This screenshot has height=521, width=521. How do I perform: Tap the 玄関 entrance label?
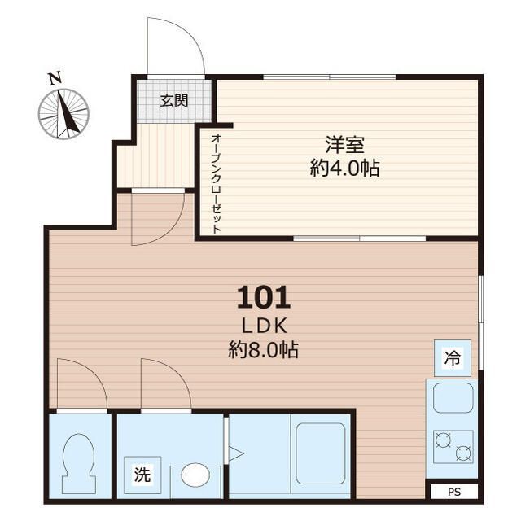[174, 101]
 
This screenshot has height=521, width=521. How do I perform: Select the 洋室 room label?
[344, 145]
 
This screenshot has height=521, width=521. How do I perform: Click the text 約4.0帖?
[344, 169]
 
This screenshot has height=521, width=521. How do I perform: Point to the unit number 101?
[264, 298]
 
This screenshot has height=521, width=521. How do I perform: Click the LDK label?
[264, 326]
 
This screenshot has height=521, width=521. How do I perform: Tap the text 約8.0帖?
[263, 349]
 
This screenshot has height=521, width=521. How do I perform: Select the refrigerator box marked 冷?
[453, 358]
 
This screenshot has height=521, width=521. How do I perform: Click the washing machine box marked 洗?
[142, 475]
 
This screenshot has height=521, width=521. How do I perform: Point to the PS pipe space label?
[454, 492]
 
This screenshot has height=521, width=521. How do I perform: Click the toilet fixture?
[79, 463]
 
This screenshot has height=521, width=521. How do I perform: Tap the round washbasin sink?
[195, 475]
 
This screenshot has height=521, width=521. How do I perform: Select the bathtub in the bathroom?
[321, 453]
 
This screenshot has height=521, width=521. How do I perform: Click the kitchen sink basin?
[453, 398]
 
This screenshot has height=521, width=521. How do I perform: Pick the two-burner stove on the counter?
[453, 447]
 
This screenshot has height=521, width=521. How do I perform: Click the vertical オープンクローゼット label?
[216, 184]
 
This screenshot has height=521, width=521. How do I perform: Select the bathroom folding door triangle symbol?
[236, 453]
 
